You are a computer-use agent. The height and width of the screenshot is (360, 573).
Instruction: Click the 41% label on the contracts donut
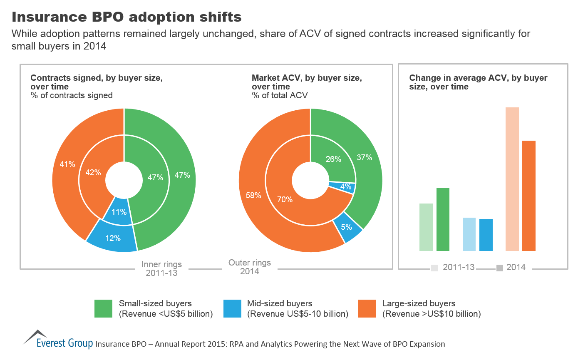pyautogui.click(x=67, y=164)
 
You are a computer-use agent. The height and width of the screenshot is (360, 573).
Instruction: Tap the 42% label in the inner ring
pyautogui.click(x=93, y=172)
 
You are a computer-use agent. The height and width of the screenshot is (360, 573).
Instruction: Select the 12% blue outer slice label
pyautogui.click(x=113, y=238)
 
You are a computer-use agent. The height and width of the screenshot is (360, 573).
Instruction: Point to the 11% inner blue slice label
pyautogui.click(x=119, y=212)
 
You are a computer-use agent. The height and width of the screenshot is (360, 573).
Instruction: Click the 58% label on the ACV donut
pyautogui.click(x=253, y=195)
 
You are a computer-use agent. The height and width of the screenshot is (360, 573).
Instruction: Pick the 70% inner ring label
pyautogui.click(x=285, y=200)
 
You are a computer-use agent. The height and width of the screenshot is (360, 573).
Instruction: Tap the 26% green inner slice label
pyautogui.click(x=333, y=159)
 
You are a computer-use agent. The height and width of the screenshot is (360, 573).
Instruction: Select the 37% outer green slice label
pyautogui.click(x=364, y=157)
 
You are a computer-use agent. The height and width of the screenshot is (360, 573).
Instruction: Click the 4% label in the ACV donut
pyautogui.click(x=345, y=187)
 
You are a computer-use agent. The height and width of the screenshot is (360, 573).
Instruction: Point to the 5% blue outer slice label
pyautogui.click(x=346, y=227)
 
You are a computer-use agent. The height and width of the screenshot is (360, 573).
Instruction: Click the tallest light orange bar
pyautogui.click(x=512, y=179)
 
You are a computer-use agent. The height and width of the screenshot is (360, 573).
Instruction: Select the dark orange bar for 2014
pyautogui.click(x=529, y=196)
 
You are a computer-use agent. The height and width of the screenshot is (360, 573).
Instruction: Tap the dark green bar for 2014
pyautogui.click(x=443, y=219)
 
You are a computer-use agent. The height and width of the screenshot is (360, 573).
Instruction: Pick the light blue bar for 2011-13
pyautogui.click(x=469, y=234)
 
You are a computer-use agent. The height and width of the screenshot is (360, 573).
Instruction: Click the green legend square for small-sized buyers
pyautogui.click(x=103, y=309)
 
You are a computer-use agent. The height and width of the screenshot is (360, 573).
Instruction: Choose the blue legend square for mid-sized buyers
pyautogui.click(x=232, y=309)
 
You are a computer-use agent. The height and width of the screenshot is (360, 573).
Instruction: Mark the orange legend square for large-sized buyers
pyautogui.click(x=367, y=309)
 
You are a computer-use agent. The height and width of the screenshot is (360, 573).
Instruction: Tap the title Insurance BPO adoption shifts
pyautogui.click(x=127, y=17)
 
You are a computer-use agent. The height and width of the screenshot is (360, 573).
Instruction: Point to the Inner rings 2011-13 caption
pyautogui.click(x=161, y=269)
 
